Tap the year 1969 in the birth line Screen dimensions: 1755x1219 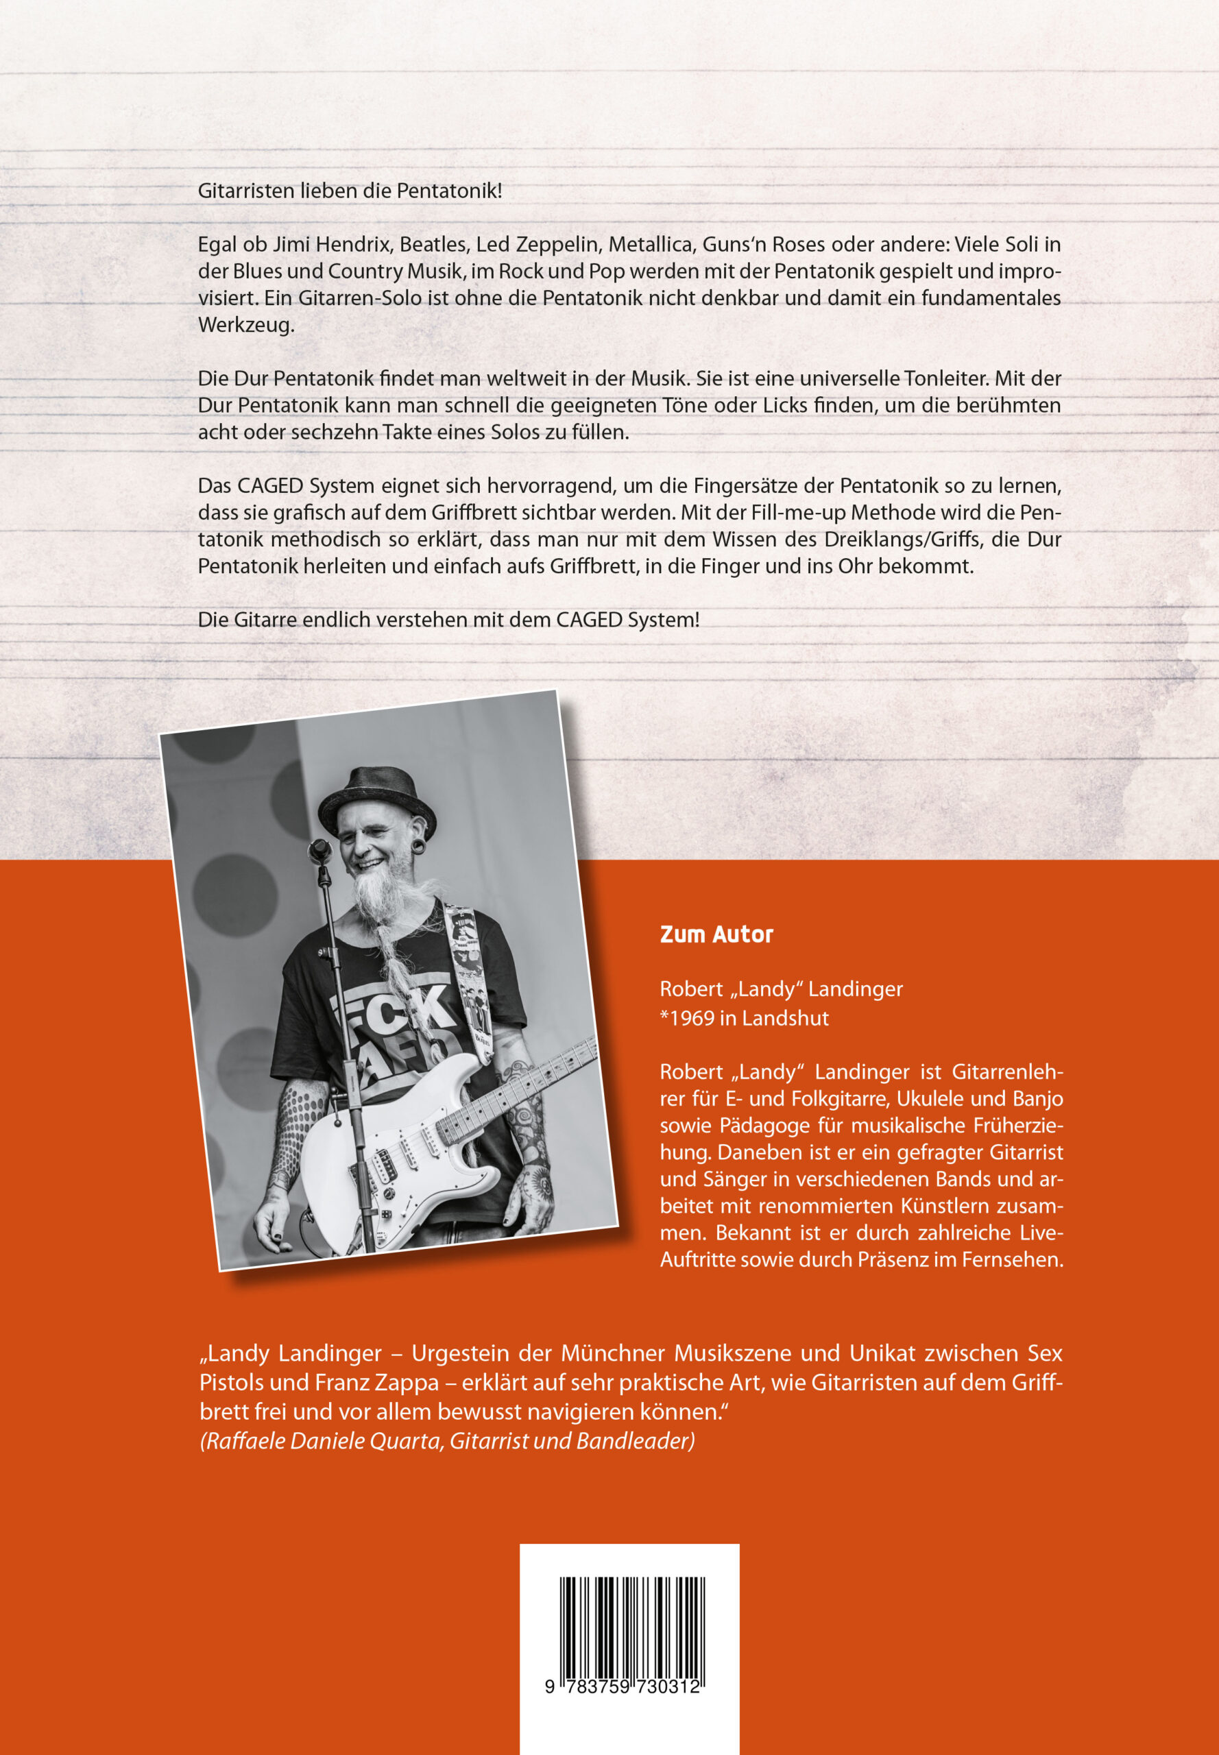[x=690, y=1018]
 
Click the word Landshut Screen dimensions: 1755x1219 [x=785, y=1018]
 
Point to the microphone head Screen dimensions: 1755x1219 [x=319, y=849]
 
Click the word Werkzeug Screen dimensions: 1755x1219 [x=245, y=324]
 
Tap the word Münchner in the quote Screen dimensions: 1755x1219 [x=614, y=1353]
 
